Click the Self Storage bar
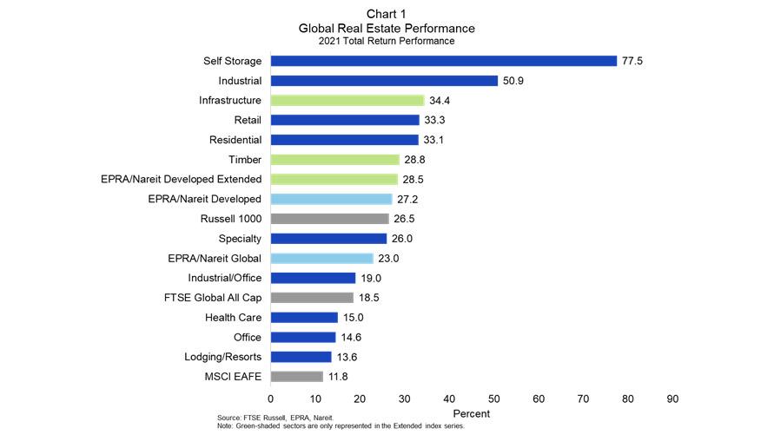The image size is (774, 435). pyautogui.click(x=443, y=61)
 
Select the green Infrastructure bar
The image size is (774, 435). pyautogui.click(x=347, y=101)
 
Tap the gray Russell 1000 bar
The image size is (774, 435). pyautogui.click(x=329, y=219)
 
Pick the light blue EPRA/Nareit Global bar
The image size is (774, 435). pyautogui.click(x=321, y=258)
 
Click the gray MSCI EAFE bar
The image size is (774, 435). pyautogui.click(x=296, y=376)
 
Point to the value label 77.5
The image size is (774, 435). pyautogui.click(x=632, y=61)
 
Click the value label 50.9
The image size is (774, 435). pyautogui.click(x=513, y=81)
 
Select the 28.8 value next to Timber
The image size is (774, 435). pyautogui.click(x=414, y=160)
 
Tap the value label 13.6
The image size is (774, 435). pyautogui.click(x=347, y=357)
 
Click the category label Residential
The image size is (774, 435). pyautogui.click(x=235, y=140)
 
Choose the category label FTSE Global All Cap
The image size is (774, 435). pyautogui.click(x=213, y=298)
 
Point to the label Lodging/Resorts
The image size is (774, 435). pyautogui.click(x=223, y=357)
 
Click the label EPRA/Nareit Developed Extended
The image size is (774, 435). pyautogui.click(x=182, y=180)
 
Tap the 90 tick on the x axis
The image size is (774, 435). pyautogui.click(x=672, y=398)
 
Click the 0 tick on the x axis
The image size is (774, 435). pyautogui.click(x=271, y=398)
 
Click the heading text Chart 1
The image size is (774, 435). pyautogui.click(x=386, y=15)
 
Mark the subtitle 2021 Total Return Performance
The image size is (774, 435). pyautogui.click(x=386, y=40)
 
